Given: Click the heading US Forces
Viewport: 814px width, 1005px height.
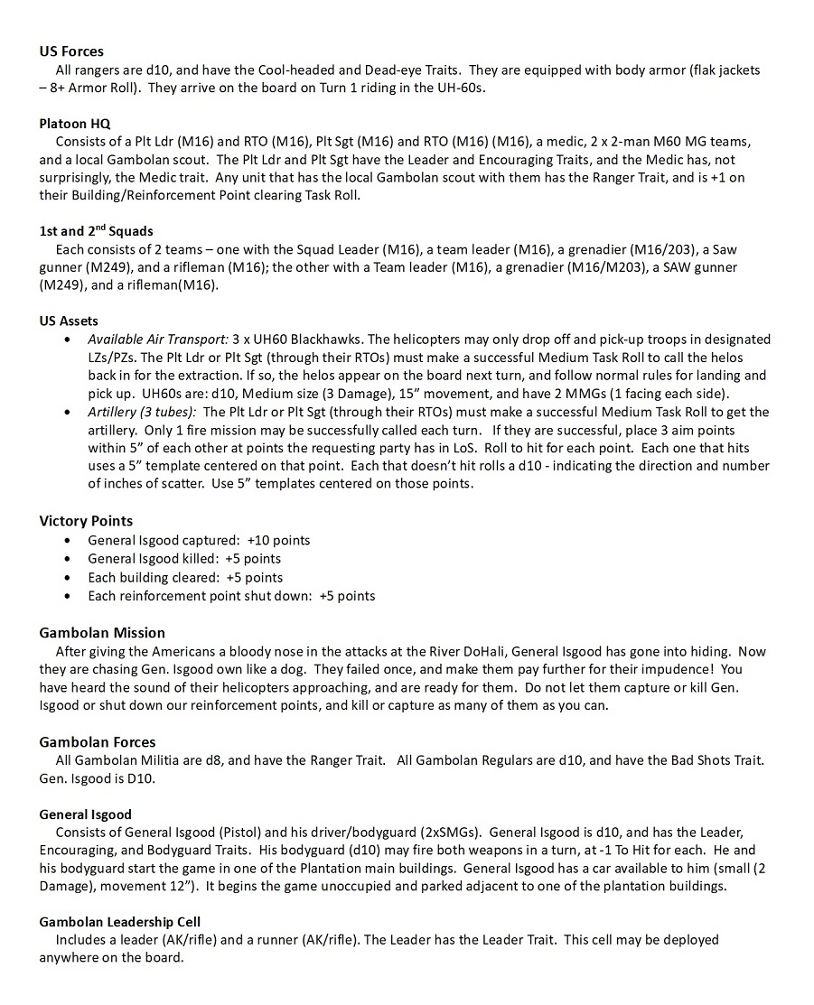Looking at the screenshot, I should pyautogui.click(x=71, y=51).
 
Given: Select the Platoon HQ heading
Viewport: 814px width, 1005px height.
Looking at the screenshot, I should pyautogui.click(x=75, y=124).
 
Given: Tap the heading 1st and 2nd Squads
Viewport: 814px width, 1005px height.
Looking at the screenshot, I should pyautogui.click(x=96, y=230).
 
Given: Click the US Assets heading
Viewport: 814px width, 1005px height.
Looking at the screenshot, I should pyautogui.click(x=69, y=321).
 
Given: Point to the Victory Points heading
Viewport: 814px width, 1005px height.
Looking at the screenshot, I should pyautogui.click(x=86, y=521).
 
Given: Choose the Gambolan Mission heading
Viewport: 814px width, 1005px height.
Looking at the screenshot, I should pyautogui.click(x=102, y=632).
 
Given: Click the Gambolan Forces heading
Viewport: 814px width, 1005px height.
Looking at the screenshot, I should pyautogui.click(x=97, y=742).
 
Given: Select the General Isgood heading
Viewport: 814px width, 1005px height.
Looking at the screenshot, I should pyautogui.click(x=85, y=814).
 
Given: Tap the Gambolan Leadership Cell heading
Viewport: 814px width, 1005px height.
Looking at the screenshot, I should pyautogui.click(x=120, y=921).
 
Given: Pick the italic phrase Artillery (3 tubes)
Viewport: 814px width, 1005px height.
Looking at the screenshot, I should pyautogui.click(x=137, y=412).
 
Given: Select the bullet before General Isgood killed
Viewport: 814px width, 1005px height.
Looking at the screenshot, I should pyautogui.click(x=70, y=559).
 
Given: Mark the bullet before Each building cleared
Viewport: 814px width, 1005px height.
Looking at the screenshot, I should pyautogui.click(x=70, y=578).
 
